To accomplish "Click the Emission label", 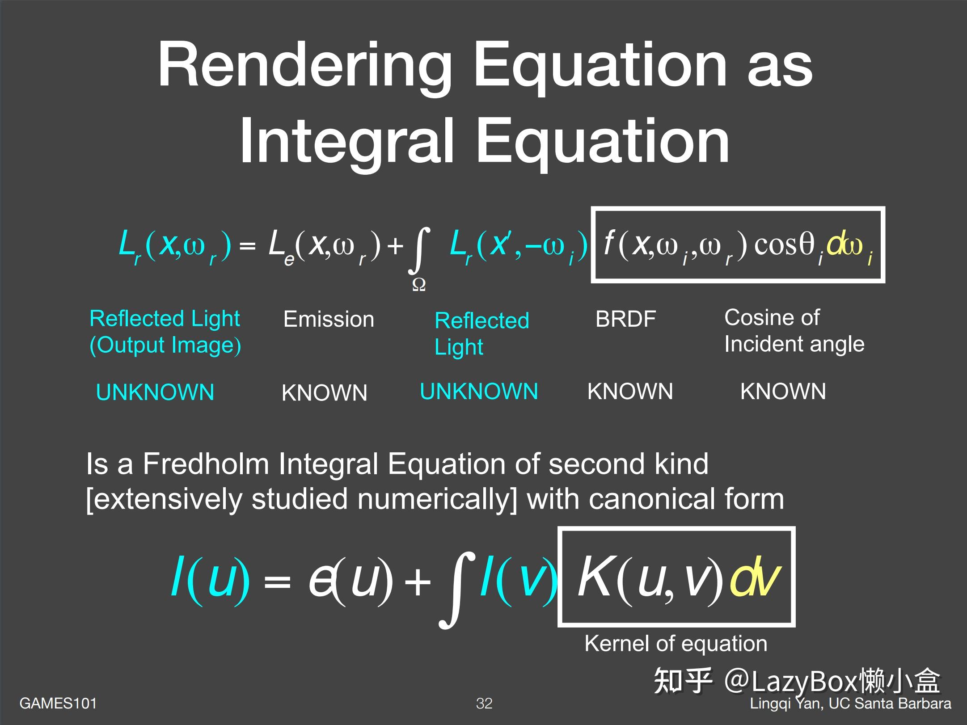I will point(329,320).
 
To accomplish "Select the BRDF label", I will point(625,319).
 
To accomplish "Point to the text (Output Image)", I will point(165,346).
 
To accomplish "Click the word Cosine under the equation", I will point(756,318).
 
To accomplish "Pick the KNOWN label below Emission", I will point(324,393).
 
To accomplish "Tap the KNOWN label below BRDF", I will point(630,392).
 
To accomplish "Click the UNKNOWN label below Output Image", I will point(155,392).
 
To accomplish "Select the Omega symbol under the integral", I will point(418,285).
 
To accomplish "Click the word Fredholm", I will point(206,464).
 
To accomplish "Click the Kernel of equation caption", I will point(676,644).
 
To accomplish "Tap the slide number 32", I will point(484,703).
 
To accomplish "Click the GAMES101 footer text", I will point(58,703).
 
